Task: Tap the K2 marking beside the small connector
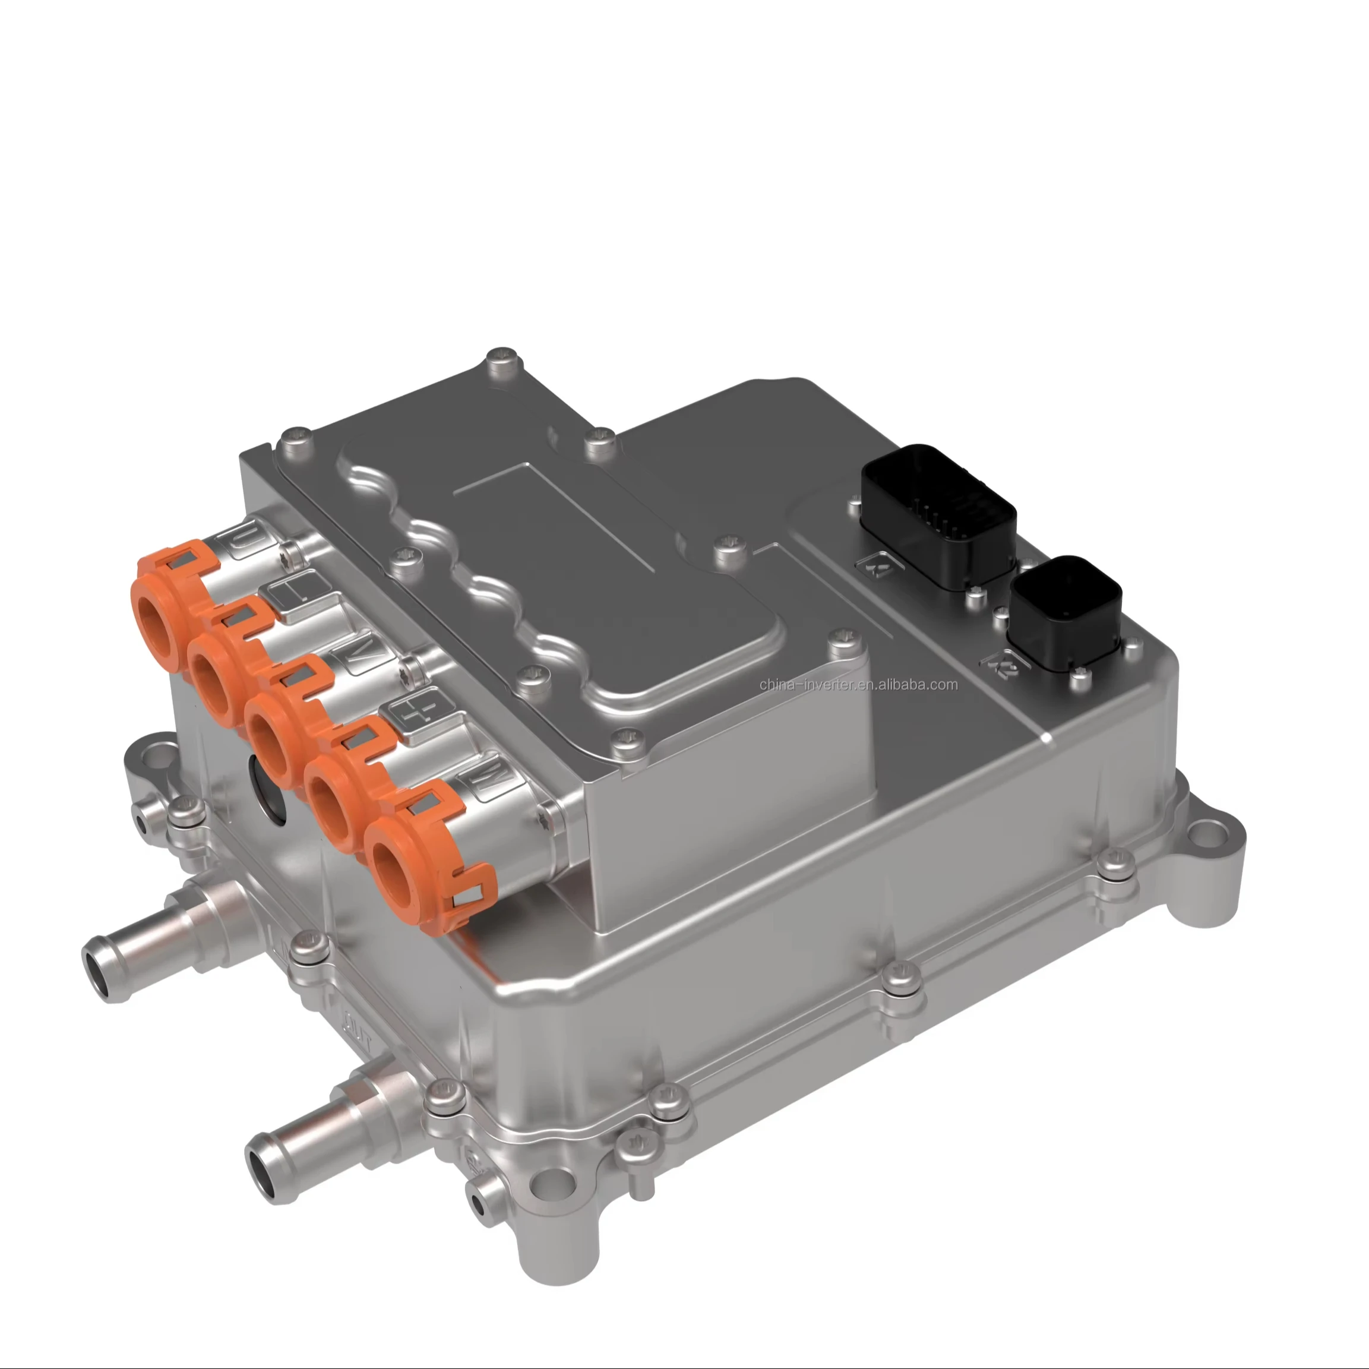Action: [1003, 668]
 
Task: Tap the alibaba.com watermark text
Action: [858, 684]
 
